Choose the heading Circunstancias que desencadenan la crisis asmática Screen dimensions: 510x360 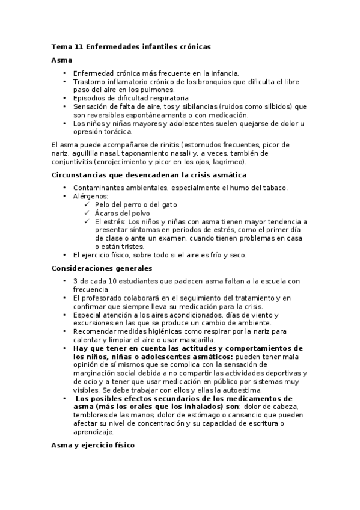pyautogui.click(x=148, y=175)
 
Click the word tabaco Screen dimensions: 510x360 pyautogui.click(x=273, y=188)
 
